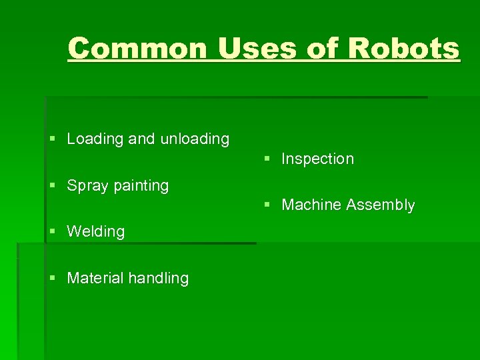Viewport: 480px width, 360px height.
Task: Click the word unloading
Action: pos(193,139)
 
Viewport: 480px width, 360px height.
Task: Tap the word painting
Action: pos(141,186)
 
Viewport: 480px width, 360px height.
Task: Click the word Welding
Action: pos(96,231)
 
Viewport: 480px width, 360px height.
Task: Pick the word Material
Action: pos(93,278)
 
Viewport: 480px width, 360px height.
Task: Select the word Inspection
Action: pos(317,159)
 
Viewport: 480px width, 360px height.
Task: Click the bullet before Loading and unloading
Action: pos(53,139)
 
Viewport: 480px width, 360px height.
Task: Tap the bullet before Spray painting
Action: pos(53,185)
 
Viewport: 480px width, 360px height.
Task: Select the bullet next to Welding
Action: pos(53,231)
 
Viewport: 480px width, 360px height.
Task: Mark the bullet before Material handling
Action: pos(53,278)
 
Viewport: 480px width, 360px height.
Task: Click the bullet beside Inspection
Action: pos(267,159)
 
